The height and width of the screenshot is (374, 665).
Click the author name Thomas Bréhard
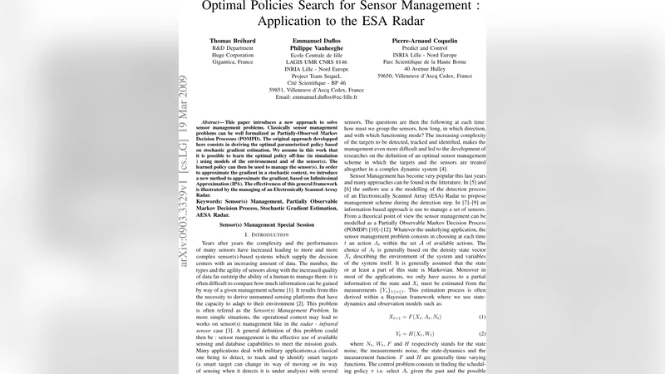234,40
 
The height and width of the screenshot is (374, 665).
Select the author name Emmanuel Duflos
317,40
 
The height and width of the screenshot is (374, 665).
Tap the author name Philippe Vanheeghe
317,48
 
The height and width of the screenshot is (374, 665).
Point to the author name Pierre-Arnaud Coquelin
424,40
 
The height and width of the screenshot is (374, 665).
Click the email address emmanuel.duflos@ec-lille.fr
317,97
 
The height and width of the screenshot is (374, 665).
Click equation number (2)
481,332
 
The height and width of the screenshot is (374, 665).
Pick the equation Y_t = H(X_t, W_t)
412,332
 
